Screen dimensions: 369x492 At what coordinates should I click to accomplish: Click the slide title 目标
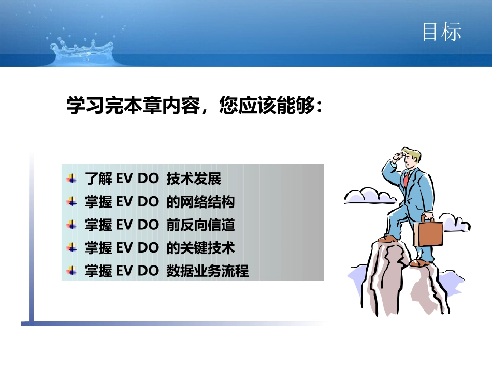point(441,32)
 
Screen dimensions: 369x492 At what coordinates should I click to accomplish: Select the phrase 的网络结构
point(200,202)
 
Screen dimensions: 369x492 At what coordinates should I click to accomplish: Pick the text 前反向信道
point(200,225)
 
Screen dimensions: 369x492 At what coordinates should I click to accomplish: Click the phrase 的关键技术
point(200,248)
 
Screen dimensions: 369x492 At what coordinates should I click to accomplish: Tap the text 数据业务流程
point(207,271)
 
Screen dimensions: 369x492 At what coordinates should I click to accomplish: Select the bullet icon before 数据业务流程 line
point(72,271)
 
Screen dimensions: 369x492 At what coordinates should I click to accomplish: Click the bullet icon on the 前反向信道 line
point(72,225)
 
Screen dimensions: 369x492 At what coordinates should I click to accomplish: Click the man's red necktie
point(407,179)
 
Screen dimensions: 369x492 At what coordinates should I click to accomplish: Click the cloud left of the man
point(369,196)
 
